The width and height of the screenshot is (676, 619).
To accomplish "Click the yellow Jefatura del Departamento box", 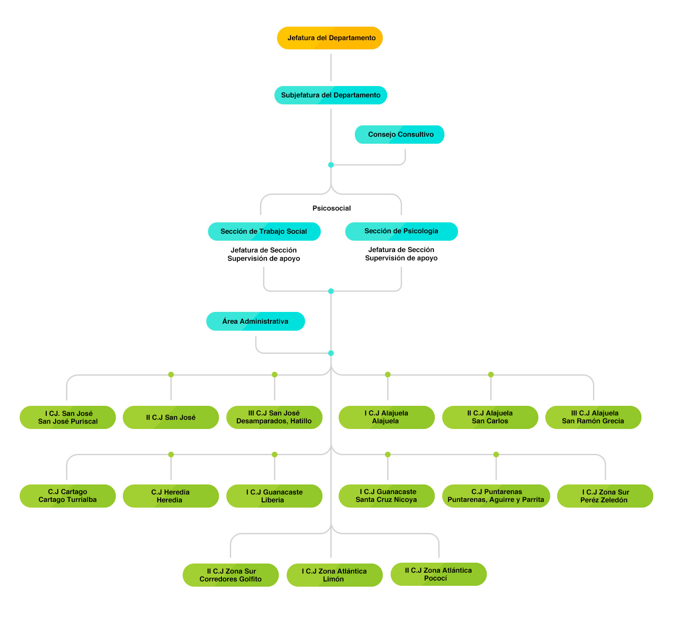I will click(x=330, y=38).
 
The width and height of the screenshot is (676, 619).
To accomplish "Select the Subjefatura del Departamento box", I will click(x=331, y=95).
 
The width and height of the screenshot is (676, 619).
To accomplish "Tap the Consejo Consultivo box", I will click(x=399, y=135).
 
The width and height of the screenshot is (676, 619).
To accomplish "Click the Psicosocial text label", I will click(x=332, y=208).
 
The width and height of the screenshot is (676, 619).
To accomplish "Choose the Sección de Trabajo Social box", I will click(x=264, y=232).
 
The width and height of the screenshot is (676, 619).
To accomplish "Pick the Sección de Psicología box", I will click(x=402, y=232).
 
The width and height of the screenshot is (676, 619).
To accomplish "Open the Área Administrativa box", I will click(x=256, y=322).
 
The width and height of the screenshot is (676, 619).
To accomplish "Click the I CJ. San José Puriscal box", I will click(x=68, y=418).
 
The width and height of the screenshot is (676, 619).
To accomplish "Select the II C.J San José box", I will click(x=171, y=418).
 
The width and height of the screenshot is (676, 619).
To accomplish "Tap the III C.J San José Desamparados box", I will click(x=274, y=418).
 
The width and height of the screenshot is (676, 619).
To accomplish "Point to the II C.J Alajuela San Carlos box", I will click(x=490, y=418).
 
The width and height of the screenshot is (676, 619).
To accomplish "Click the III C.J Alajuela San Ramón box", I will click(x=593, y=418).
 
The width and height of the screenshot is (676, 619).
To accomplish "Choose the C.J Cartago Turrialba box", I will click(x=68, y=496).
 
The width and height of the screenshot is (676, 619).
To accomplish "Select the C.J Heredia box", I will click(x=171, y=496).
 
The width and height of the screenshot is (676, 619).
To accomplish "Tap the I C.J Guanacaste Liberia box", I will click(x=274, y=496).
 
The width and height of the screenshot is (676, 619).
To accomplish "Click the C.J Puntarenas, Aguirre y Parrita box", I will click(x=496, y=496).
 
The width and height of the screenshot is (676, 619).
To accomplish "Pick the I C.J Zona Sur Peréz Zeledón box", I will click(x=605, y=496).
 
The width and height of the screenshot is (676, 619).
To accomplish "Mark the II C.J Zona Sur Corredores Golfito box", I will click(x=231, y=575).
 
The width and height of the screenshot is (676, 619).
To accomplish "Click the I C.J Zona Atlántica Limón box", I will click(x=335, y=575).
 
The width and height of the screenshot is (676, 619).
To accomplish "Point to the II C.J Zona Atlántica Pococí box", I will click(x=439, y=574).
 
